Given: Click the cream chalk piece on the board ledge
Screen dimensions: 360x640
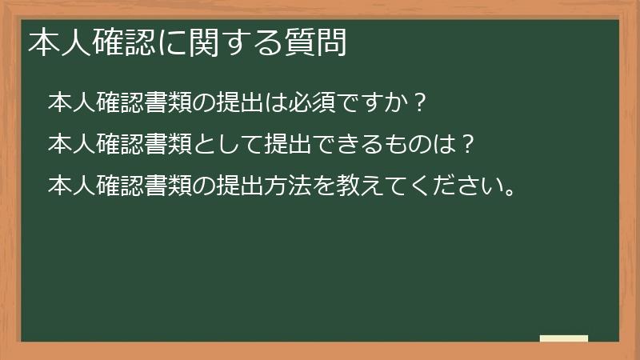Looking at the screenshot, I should click(564, 338).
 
